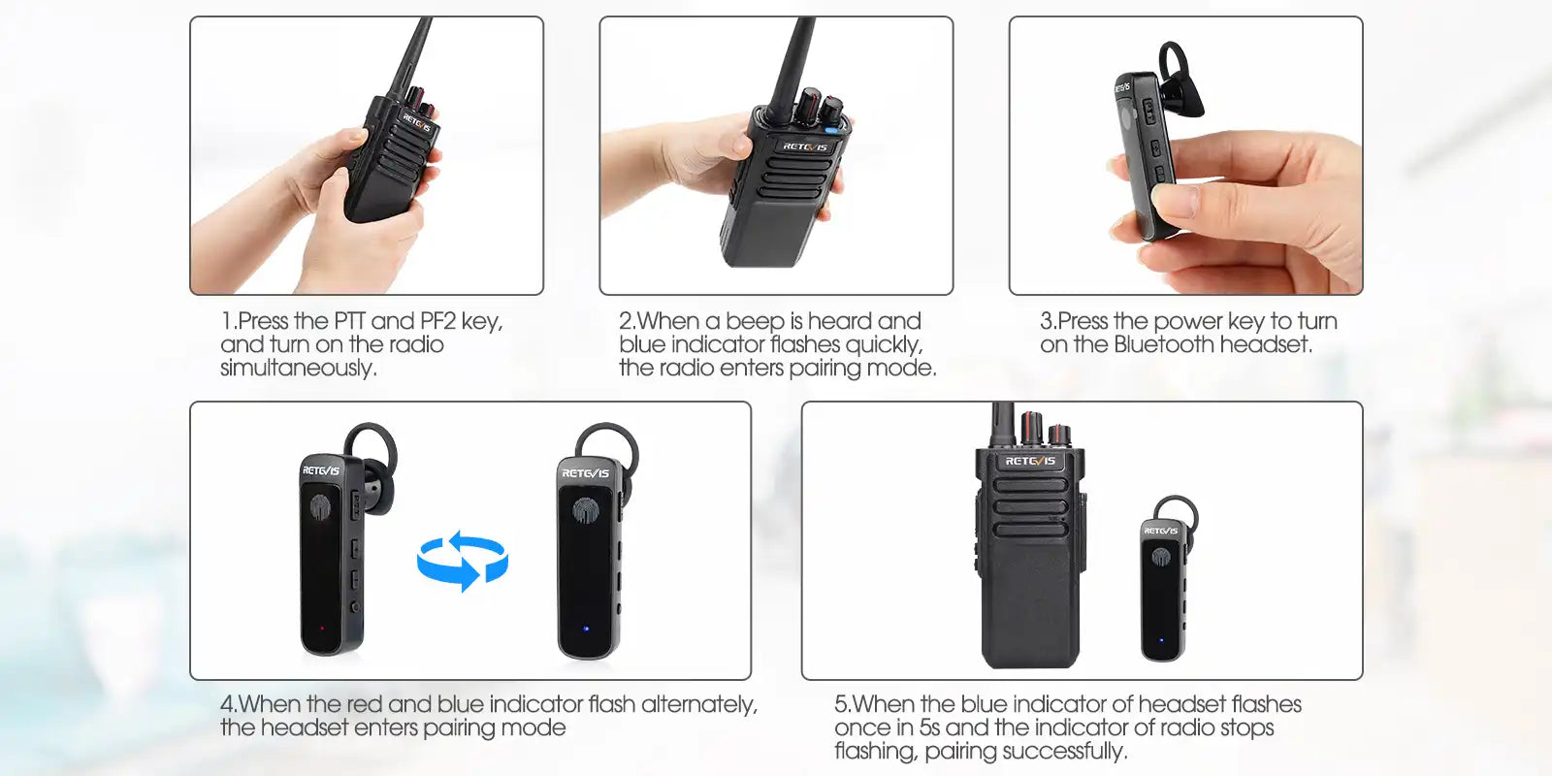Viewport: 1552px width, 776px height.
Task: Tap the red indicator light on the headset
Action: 321,629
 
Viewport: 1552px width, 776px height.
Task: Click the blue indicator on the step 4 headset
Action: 586,629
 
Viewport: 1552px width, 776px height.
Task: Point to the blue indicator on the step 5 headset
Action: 1162,640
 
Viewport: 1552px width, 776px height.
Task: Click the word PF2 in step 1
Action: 437,321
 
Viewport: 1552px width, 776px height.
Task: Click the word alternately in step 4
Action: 699,704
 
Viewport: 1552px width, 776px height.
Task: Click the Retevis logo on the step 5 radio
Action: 1030,461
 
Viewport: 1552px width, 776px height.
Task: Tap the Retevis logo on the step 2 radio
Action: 804,146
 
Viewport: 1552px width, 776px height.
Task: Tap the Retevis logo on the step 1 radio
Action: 417,123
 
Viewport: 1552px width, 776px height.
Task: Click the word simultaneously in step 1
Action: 299,368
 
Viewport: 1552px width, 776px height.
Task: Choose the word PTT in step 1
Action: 350,321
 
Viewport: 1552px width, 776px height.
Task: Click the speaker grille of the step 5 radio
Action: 1030,506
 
